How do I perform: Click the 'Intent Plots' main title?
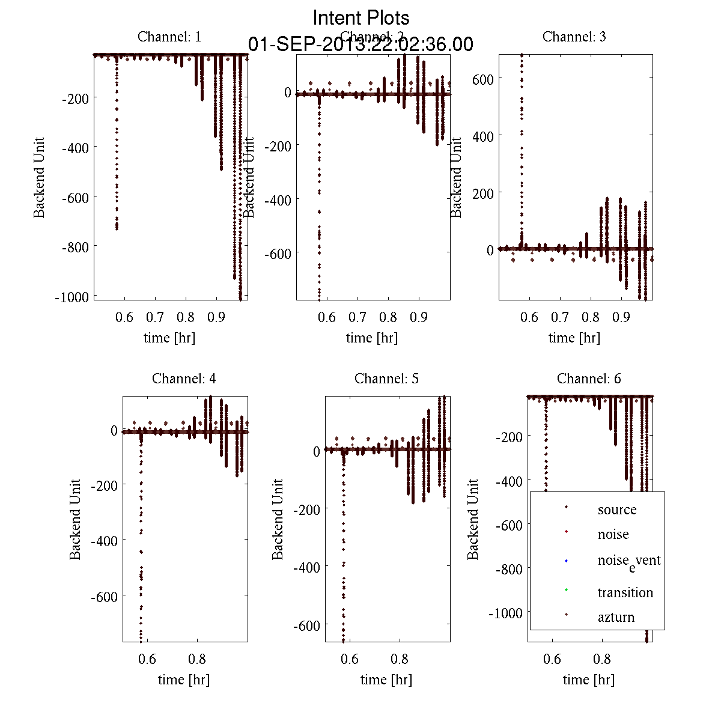click(x=361, y=17)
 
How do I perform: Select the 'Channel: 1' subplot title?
click(x=169, y=37)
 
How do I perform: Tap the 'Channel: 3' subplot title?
click(x=574, y=37)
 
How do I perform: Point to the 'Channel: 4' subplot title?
click(x=184, y=379)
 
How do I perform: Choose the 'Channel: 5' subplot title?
click(x=386, y=379)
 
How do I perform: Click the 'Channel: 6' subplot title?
click(x=589, y=379)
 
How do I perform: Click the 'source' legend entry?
click(x=616, y=510)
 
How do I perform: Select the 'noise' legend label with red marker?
click(x=613, y=534)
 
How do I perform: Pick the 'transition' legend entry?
click(x=625, y=592)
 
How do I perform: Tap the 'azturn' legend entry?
click(x=616, y=617)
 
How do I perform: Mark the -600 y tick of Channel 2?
click(x=278, y=254)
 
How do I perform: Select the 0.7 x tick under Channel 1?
click(x=155, y=317)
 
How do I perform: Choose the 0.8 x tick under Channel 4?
click(x=197, y=659)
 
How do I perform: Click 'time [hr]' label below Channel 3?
click(x=574, y=338)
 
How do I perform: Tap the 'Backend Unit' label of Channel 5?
click(x=278, y=520)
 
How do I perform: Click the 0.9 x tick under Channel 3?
click(x=622, y=317)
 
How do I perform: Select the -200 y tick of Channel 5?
click(x=306, y=509)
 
